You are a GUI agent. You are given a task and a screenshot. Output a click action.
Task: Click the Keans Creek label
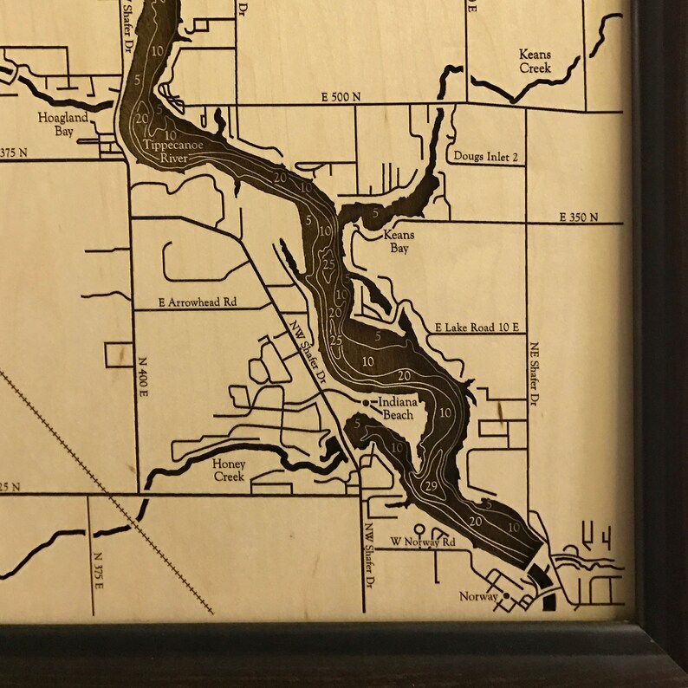coord(535,61)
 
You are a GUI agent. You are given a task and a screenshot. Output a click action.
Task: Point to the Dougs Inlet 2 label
coord(486,157)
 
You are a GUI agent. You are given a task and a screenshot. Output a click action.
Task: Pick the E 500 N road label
coord(341,97)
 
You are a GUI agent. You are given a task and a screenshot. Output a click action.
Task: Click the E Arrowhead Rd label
coord(198,303)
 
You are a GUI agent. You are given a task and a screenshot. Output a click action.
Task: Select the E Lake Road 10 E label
coord(477,328)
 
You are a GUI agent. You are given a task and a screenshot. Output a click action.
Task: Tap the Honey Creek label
coord(230,471)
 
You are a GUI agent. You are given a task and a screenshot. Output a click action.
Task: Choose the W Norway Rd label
coord(422,542)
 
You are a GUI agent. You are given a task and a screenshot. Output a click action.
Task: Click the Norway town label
coord(478,597)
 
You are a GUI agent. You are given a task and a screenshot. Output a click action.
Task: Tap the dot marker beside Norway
coord(505,596)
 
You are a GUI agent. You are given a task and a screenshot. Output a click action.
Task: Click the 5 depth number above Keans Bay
coord(375,211)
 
